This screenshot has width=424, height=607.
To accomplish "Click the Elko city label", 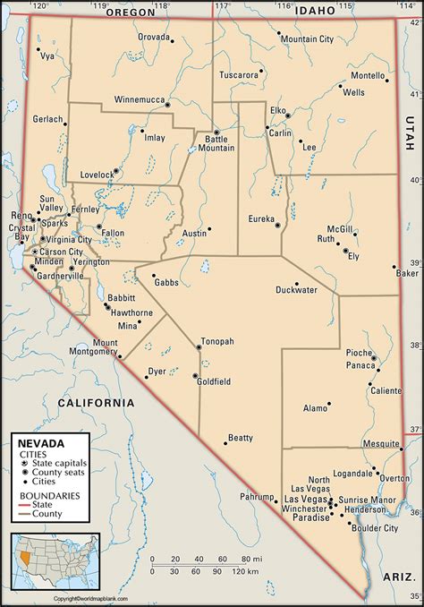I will [x=278, y=110].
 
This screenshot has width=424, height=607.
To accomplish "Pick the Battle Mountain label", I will [x=217, y=144].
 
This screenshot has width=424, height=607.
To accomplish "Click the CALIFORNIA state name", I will [x=96, y=403].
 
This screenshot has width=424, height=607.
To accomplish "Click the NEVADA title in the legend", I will [x=38, y=443].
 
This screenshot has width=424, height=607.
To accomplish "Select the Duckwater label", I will [x=296, y=290].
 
